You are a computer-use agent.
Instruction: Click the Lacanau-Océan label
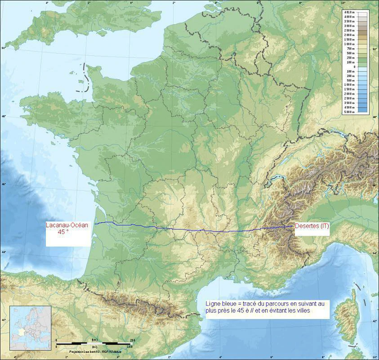point(69,225)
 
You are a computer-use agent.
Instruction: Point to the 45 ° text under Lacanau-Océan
point(66,233)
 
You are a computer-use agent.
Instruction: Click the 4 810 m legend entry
point(349,12)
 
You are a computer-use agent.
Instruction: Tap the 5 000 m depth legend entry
point(349,112)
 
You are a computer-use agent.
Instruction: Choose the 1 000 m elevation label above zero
point(349,44)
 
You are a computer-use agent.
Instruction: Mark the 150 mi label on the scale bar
point(129,347)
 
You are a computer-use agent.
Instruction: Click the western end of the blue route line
point(94,224)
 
